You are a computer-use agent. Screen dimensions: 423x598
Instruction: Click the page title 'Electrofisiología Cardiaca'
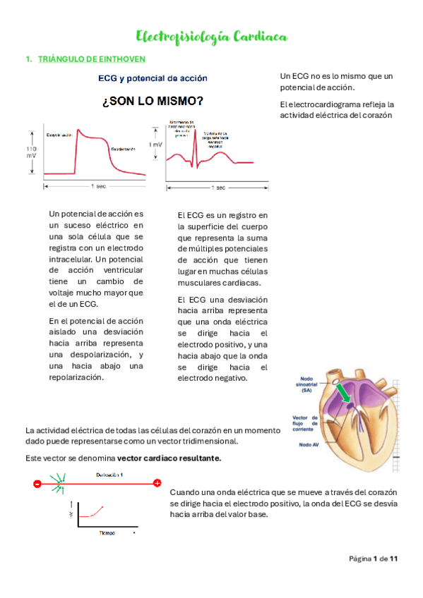coord(211,37)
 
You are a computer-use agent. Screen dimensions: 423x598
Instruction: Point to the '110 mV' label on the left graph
coord(31,153)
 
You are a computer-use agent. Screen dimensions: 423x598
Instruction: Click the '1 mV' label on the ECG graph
coord(155,145)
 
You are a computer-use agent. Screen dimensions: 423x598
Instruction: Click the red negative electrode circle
coord(37,483)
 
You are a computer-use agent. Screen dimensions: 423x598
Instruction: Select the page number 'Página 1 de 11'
coord(374,559)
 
